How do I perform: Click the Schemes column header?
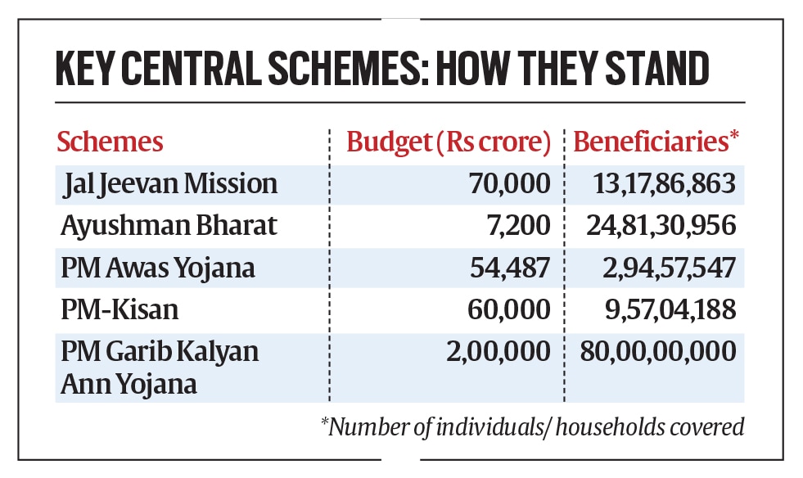pos(110,142)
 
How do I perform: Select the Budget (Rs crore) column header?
pos(449,142)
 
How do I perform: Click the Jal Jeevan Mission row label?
pos(170,184)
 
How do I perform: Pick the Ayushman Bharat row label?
pos(147,226)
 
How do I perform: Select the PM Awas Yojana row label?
pos(145,268)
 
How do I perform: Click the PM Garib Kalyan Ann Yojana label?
pos(160,368)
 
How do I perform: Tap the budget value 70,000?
pos(510,184)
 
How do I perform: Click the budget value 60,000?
pos(510,310)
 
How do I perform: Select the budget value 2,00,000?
pos(497,352)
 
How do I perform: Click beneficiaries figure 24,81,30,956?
pos(661,226)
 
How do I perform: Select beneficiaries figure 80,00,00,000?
pos(658,352)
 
